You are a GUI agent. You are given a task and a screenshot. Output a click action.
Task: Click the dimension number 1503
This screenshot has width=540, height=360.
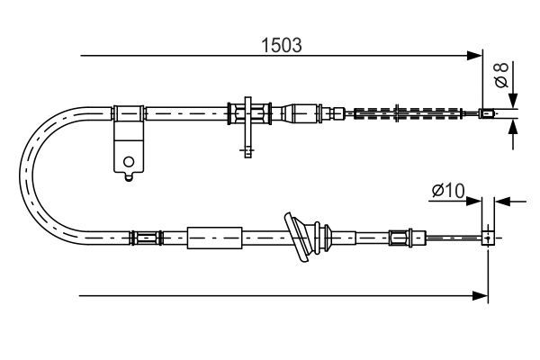point(282,45)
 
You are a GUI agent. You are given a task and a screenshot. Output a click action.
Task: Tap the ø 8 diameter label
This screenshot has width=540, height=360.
point(501,75)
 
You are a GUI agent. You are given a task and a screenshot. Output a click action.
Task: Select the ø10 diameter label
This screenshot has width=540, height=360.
point(448,191)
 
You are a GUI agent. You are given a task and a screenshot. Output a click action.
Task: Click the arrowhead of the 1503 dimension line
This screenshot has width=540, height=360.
point(474,55)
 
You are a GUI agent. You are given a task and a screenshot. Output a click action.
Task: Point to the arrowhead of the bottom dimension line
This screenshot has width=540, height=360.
point(481,295)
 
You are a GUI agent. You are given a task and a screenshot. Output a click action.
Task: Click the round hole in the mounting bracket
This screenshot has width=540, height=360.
point(129,162)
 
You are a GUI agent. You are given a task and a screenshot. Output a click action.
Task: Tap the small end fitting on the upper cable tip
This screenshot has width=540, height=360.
point(487,113)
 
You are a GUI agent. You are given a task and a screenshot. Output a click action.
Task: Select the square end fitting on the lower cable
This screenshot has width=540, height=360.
point(488,238)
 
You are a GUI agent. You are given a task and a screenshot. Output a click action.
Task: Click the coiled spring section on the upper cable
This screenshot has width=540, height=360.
point(408,113)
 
